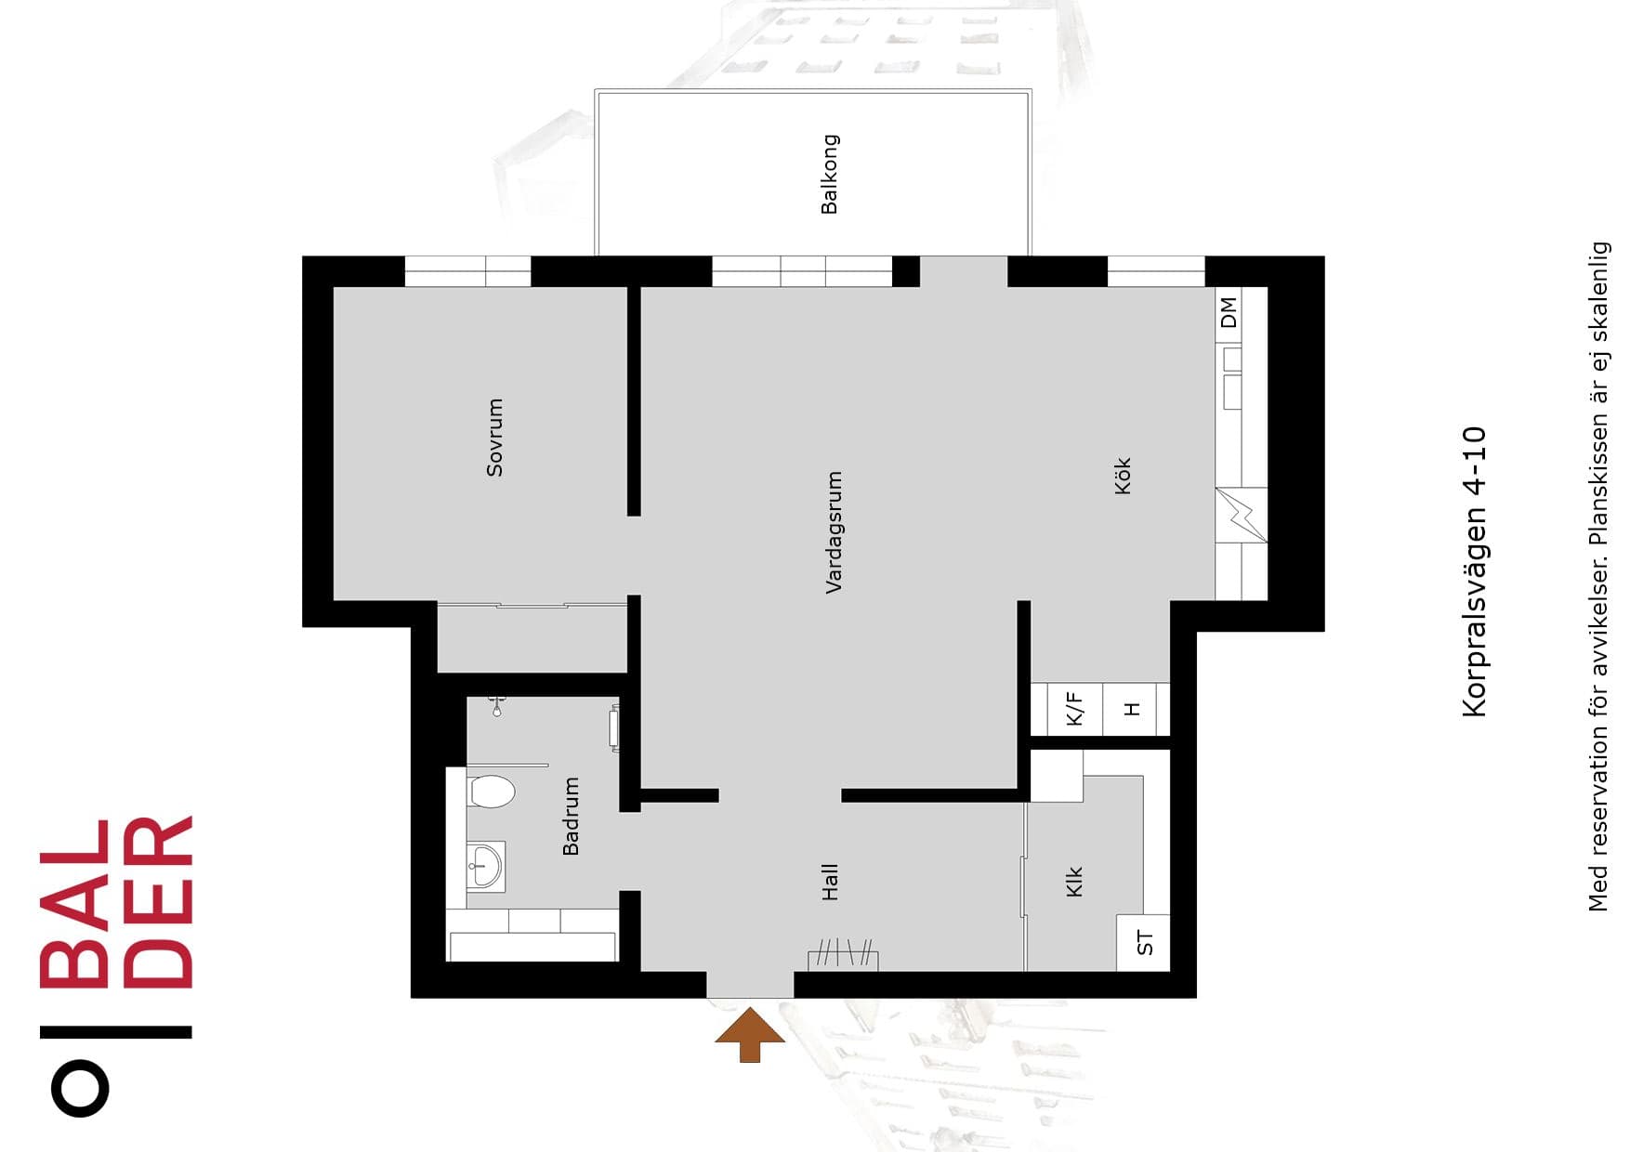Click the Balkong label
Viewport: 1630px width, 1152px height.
[x=830, y=174]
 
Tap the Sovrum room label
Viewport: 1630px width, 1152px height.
[x=494, y=438]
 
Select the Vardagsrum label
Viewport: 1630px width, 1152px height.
[x=834, y=532]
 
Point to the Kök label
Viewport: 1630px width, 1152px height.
[x=1123, y=476]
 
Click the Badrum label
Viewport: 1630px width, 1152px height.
[x=571, y=817]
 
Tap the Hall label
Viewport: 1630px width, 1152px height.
[x=830, y=882]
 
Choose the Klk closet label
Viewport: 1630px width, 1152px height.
[x=1074, y=882]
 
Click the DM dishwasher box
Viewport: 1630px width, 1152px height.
[x=1229, y=313]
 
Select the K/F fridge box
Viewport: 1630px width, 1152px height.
[x=1075, y=709]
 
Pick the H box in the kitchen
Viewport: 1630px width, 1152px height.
[x=1132, y=709]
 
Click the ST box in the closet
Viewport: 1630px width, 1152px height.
[x=1144, y=943]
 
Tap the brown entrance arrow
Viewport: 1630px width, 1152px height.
[x=750, y=1035]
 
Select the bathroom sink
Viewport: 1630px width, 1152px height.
[x=485, y=867]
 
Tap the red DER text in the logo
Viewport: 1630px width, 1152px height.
[x=157, y=901]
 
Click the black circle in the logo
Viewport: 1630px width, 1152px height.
[x=80, y=1087]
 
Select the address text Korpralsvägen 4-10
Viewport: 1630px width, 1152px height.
[x=1474, y=571]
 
